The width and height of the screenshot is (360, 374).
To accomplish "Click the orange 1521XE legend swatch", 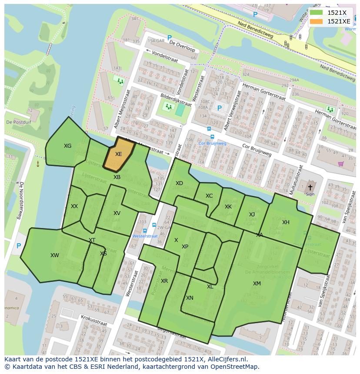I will (x=317, y=21).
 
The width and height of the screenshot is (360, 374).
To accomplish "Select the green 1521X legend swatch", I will (x=317, y=13).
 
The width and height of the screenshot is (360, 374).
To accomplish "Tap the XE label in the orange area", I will (x=118, y=154).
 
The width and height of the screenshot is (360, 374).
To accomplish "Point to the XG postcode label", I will (x=67, y=146).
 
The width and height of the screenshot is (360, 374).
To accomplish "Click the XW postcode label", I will (x=54, y=255).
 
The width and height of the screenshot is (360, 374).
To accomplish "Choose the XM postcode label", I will (x=257, y=284).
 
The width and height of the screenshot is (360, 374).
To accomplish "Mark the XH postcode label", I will (x=286, y=222).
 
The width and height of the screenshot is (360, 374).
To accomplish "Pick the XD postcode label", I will (x=179, y=183).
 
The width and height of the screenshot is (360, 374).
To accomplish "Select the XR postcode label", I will (x=164, y=281).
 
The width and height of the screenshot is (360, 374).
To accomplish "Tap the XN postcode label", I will (x=190, y=298).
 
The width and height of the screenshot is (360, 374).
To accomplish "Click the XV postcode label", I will (x=117, y=213).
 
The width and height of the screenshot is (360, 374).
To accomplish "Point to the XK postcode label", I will (x=228, y=207).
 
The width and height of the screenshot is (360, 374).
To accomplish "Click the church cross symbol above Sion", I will (x=310, y=187).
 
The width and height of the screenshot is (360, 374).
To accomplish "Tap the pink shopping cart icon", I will (x=341, y=164).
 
